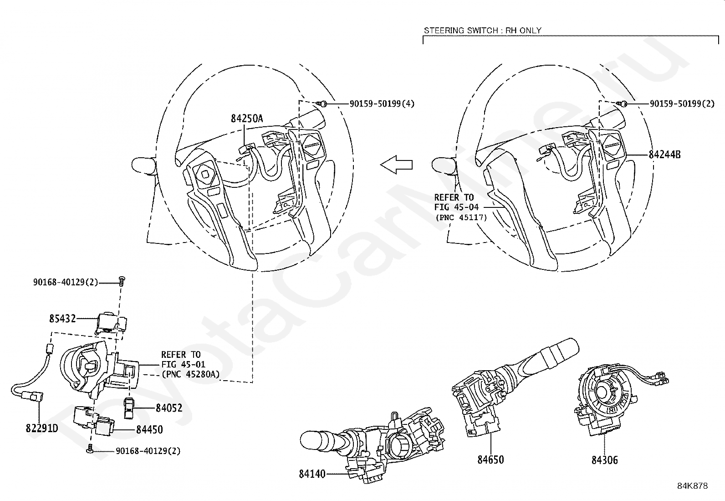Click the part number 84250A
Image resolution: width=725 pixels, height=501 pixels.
246,119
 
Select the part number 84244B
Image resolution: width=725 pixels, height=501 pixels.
664,154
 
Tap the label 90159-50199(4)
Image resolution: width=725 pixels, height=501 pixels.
382,104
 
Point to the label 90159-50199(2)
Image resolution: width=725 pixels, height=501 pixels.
682,104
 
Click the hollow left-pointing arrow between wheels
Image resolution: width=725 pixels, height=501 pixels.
396,164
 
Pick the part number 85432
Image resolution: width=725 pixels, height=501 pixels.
62,319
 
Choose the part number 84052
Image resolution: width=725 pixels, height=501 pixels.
168,408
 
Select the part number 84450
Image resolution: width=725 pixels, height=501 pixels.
149,429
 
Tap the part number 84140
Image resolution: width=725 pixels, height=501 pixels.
312,474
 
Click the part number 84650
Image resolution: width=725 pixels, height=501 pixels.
490,460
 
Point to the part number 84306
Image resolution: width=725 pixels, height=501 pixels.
605,460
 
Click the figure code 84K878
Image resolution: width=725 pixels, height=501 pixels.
692,486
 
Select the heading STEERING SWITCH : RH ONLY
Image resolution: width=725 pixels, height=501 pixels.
483,31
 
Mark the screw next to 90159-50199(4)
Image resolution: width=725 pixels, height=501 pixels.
323,104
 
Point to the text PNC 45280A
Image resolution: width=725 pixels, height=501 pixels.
190,374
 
